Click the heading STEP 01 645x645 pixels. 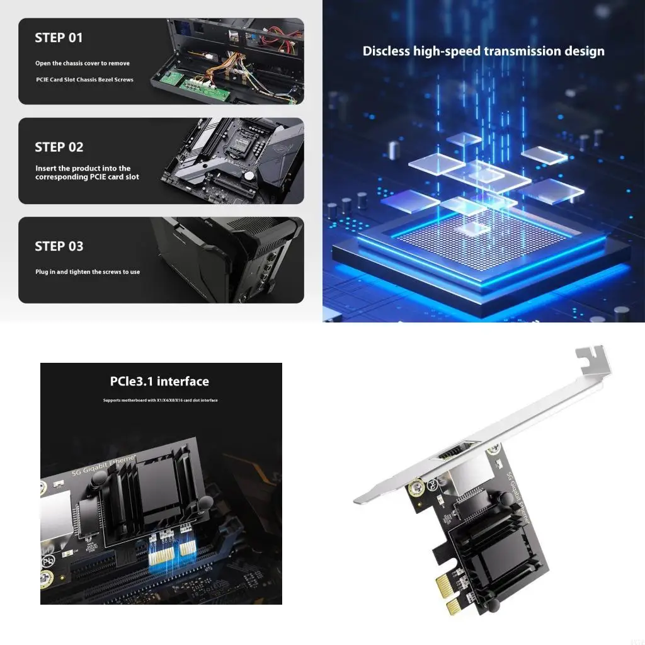59,38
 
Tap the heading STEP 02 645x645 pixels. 59,147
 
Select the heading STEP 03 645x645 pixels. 59,246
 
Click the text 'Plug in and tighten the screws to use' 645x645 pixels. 88,272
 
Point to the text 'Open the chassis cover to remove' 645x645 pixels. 83,64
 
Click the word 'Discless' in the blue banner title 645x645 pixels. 386,51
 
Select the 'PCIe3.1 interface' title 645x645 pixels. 159,381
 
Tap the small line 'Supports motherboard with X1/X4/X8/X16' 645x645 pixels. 161,401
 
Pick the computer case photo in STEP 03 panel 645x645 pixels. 227,260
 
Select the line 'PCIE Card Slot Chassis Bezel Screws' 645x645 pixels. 84,80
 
